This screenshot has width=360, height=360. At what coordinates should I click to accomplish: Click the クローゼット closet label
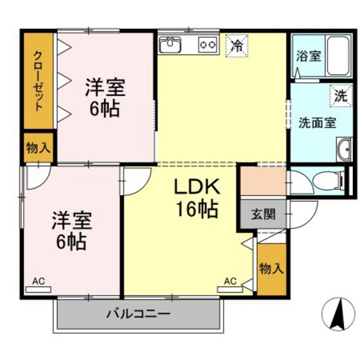(x=39, y=80)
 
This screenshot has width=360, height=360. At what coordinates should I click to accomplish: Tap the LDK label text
(x=197, y=186)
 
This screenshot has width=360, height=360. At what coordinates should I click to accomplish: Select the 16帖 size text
(x=197, y=209)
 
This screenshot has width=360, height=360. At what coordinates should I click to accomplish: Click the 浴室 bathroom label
(x=308, y=55)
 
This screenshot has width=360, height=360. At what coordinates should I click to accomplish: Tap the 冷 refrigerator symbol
(x=237, y=46)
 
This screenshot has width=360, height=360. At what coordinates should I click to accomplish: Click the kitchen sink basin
(x=172, y=45)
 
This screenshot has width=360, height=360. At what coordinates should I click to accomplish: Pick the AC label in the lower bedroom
(x=39, y=281)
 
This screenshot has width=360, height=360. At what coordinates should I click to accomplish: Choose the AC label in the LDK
(x=230, y=281)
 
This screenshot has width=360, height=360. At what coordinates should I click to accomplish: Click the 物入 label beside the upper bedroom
(x=39, y=148)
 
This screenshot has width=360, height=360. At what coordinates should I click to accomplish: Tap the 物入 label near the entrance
(x=271, y=268)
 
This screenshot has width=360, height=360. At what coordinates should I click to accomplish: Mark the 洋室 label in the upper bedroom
(x=104, y=88)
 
